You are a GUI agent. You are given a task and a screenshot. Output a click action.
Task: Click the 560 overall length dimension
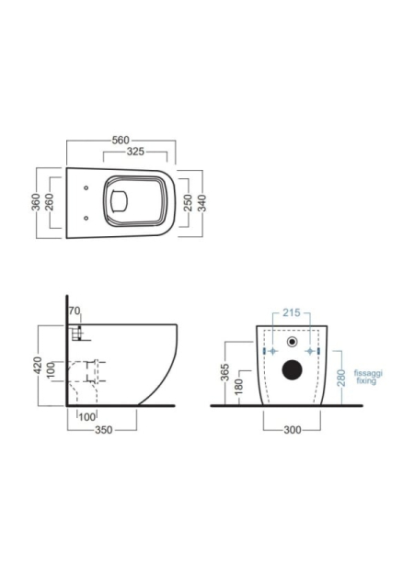coord(121,141)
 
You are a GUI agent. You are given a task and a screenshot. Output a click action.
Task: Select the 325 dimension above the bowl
coord(135,151)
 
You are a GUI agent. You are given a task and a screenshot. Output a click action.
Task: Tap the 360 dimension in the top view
coord(36,202)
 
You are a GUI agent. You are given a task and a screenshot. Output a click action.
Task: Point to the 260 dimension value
coord(50,202)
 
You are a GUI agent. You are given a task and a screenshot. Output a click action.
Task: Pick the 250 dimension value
coord(189,203)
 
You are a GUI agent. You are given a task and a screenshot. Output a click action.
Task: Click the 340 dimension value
coord(202,203)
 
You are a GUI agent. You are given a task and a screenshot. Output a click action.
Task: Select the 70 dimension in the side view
coord(75,311)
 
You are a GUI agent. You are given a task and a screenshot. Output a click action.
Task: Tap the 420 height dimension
coord(38,366)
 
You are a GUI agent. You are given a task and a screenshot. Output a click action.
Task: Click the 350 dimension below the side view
coord(104,430)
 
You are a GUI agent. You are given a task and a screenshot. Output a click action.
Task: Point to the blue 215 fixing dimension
coord(292,312)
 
